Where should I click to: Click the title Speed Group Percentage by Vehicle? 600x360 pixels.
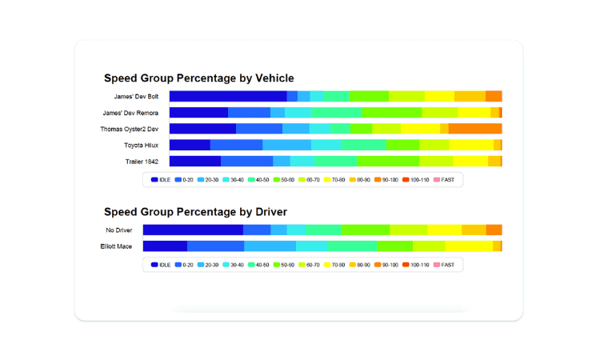[198, 78]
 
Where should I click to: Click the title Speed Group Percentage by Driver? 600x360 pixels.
[195, 212]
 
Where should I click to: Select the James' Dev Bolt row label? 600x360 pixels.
[136, 97]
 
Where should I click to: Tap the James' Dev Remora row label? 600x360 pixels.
[130, 113]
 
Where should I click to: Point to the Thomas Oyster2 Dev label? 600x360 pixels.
[129, 129]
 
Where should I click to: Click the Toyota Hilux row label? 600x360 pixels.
[141, 145]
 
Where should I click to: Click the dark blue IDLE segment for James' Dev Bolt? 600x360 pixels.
[227, 97]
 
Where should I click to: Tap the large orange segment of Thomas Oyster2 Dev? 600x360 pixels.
[475, 129]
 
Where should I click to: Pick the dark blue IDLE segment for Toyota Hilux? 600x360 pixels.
[190, 145]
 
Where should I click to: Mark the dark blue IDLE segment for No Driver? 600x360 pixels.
[193, 230]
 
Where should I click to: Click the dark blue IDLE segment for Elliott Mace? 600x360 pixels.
[165, 246]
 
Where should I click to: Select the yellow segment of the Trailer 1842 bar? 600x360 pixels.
[470, 162]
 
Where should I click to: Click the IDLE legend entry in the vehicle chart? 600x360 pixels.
[161, 180]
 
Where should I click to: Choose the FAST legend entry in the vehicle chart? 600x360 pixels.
[444, 180]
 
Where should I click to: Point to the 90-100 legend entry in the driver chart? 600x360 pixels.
[386, 265]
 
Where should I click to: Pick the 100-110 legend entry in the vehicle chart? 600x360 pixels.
[415, 180]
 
